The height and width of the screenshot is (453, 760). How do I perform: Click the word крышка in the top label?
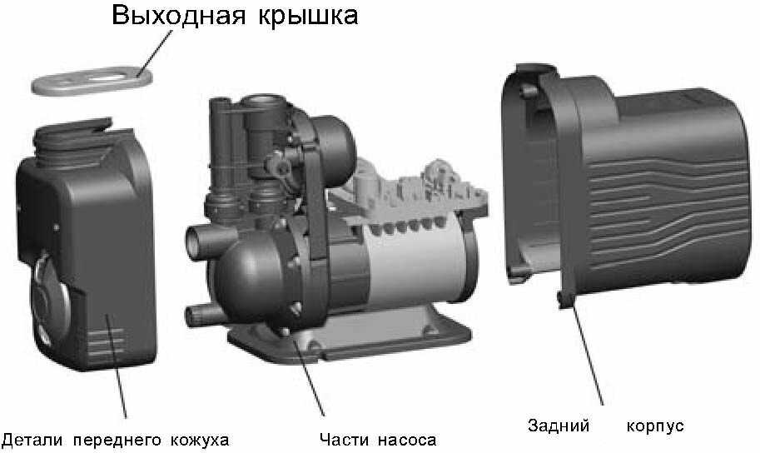click(x=308, y=17)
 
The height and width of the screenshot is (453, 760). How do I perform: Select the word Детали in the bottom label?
click(x=32, y=441)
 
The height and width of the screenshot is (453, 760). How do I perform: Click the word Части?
click(x=342, y=440)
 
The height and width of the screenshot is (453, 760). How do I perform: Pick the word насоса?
click(x=407, y=441)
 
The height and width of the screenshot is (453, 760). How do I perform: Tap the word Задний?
click(x=559, y=426)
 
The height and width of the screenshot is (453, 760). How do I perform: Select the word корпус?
click(x=655, y=426)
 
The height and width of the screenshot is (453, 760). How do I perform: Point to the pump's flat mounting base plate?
click(x=350, y=335)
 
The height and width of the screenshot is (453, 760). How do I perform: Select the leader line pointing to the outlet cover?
click(x=155, y=54)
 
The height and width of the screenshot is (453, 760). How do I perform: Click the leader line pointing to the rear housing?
click(x=588, y=354)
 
